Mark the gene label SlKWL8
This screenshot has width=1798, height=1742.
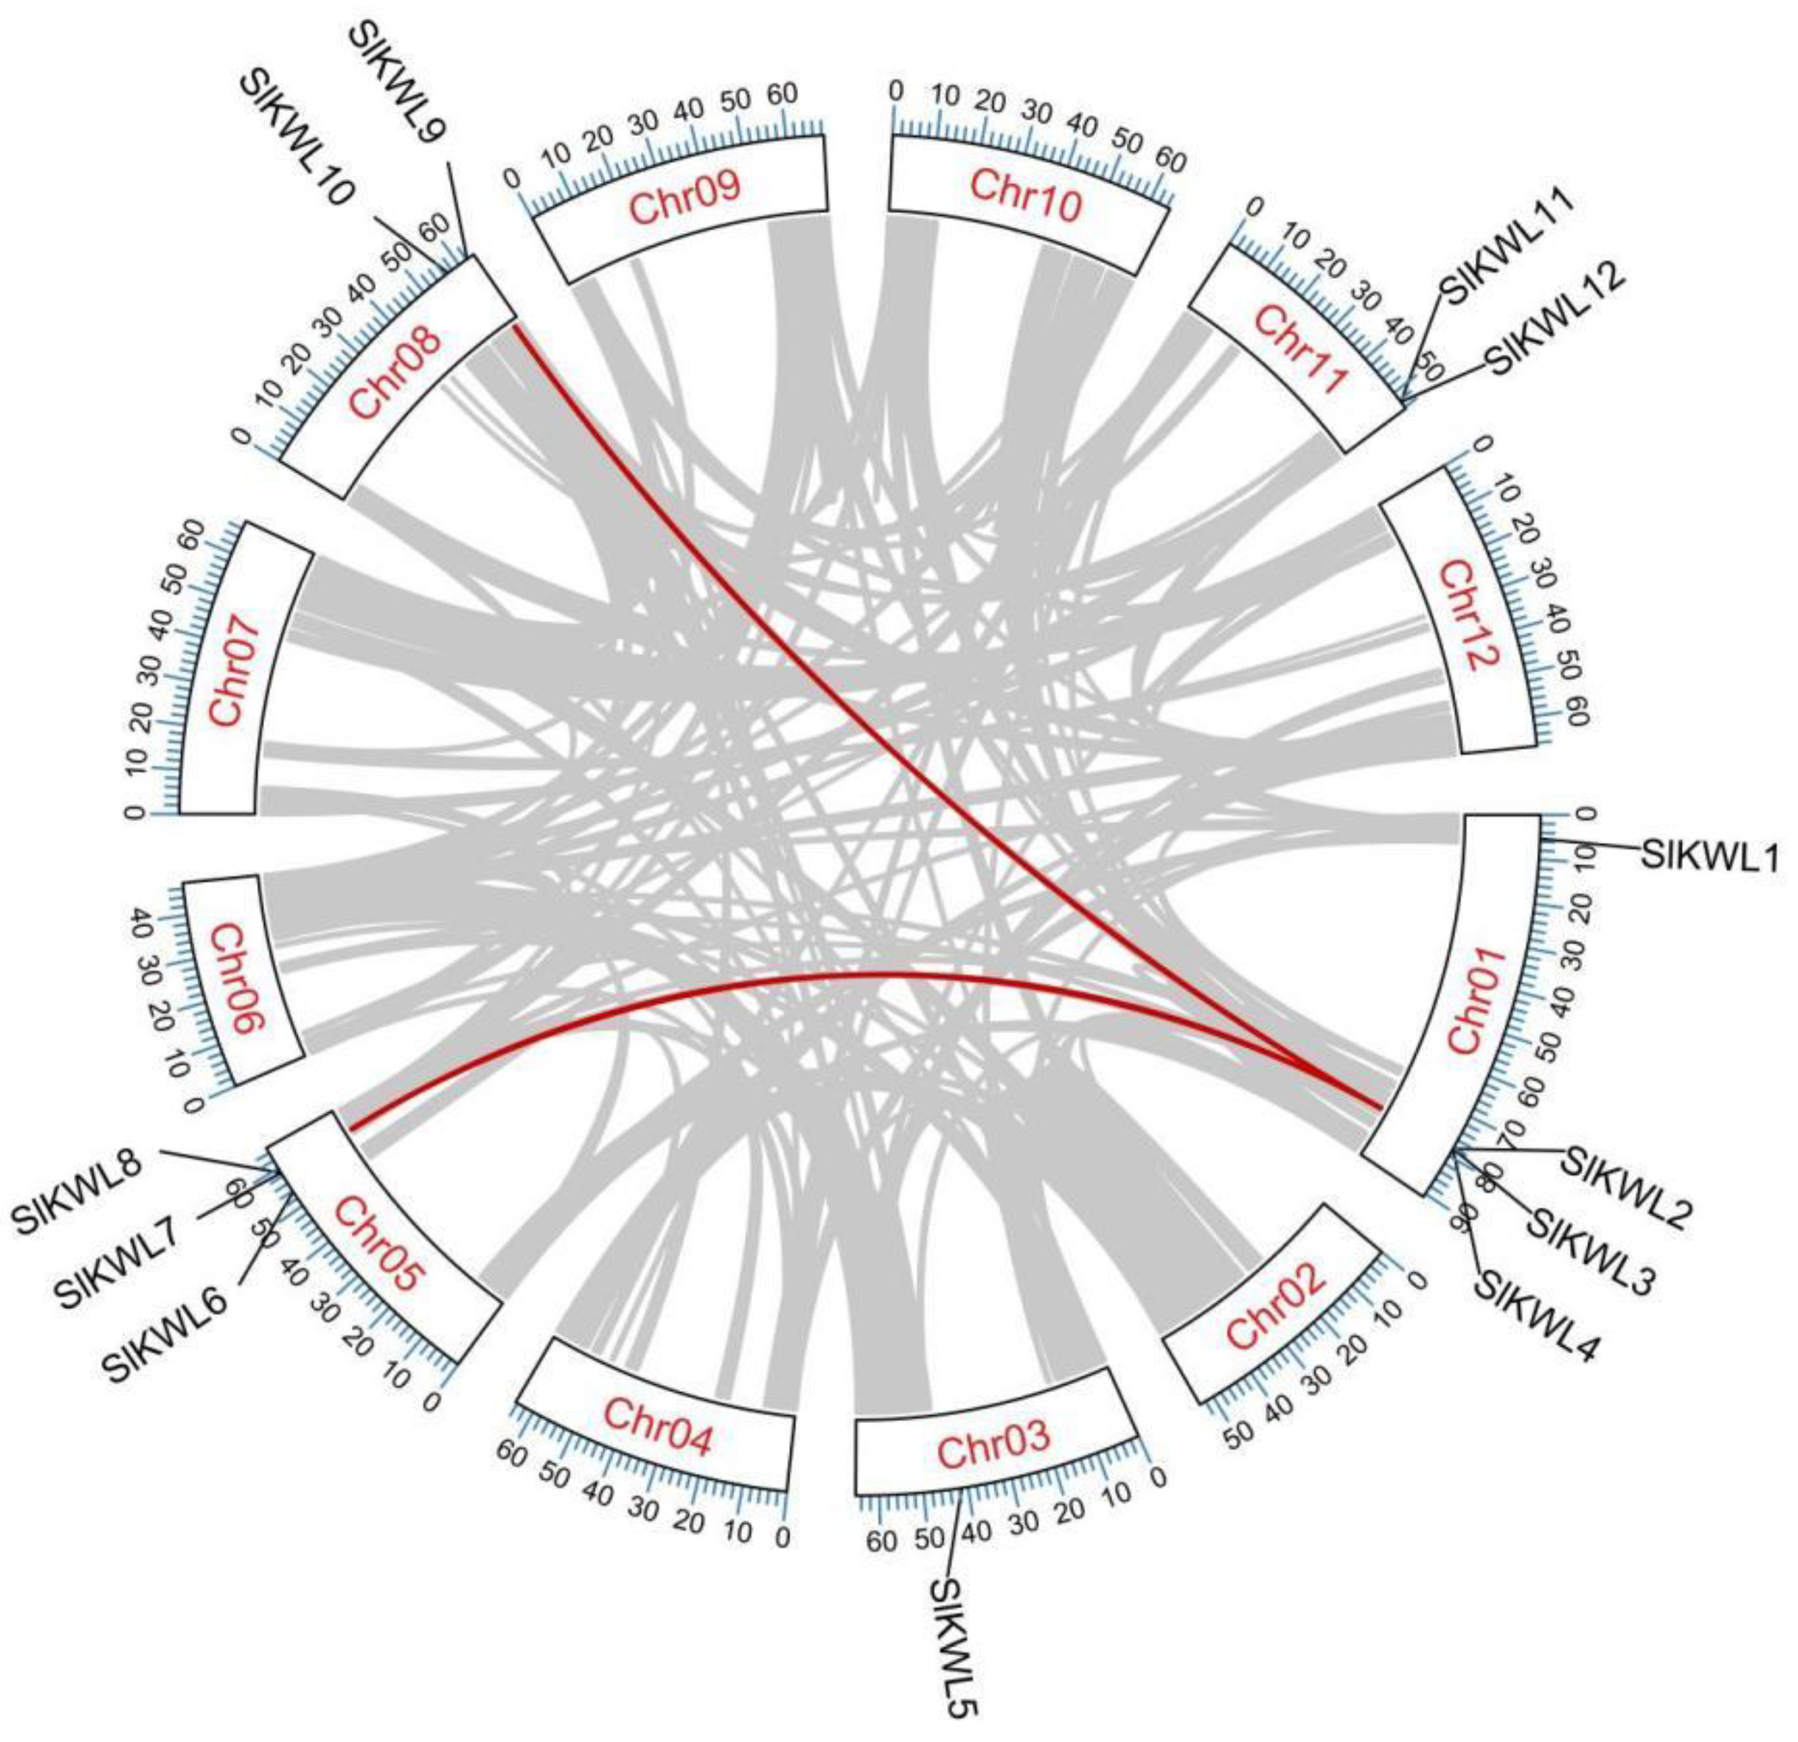click(77, 1191)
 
